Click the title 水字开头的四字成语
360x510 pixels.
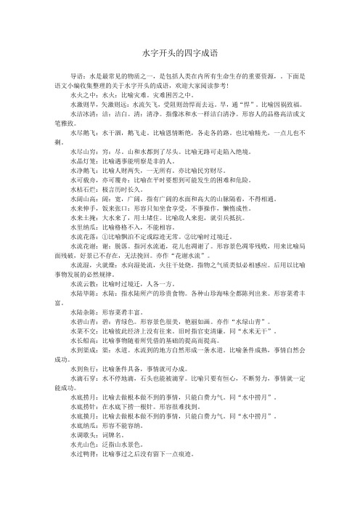(180, 54)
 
